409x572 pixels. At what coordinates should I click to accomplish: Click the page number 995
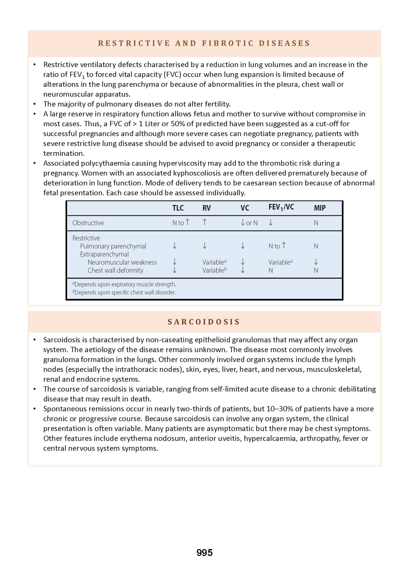click(x=204, y=552)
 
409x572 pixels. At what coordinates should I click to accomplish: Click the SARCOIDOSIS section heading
click(x=204, y=322)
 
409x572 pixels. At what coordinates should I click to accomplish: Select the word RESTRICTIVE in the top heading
click(x=134, y=43)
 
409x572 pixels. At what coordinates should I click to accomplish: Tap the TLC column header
click(x=178, y=208)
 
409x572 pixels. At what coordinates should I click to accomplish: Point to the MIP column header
click(x=320, y=208)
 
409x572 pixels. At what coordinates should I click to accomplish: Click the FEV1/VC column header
click(x=281, y=207)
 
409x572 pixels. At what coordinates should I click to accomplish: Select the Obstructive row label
click(x=88, y=223)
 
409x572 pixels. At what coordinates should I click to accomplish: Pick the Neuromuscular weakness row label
click(x=122, y=262)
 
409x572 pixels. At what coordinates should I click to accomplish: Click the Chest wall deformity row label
click(x=115, y=270)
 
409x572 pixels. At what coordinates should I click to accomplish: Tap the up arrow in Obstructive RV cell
click(x=205, y=222)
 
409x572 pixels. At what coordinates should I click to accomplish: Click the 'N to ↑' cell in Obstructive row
click(x=181, y=222)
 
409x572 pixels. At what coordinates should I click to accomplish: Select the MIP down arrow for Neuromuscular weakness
click(x=316, y=262)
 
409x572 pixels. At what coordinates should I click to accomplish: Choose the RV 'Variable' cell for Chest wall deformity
click(x=214, y=270)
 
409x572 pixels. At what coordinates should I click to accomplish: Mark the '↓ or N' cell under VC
click(x=249, y=223)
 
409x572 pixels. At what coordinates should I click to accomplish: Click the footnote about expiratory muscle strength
click(x=124, y=285)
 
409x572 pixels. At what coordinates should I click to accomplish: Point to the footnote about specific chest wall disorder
click(x=124, y=293)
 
